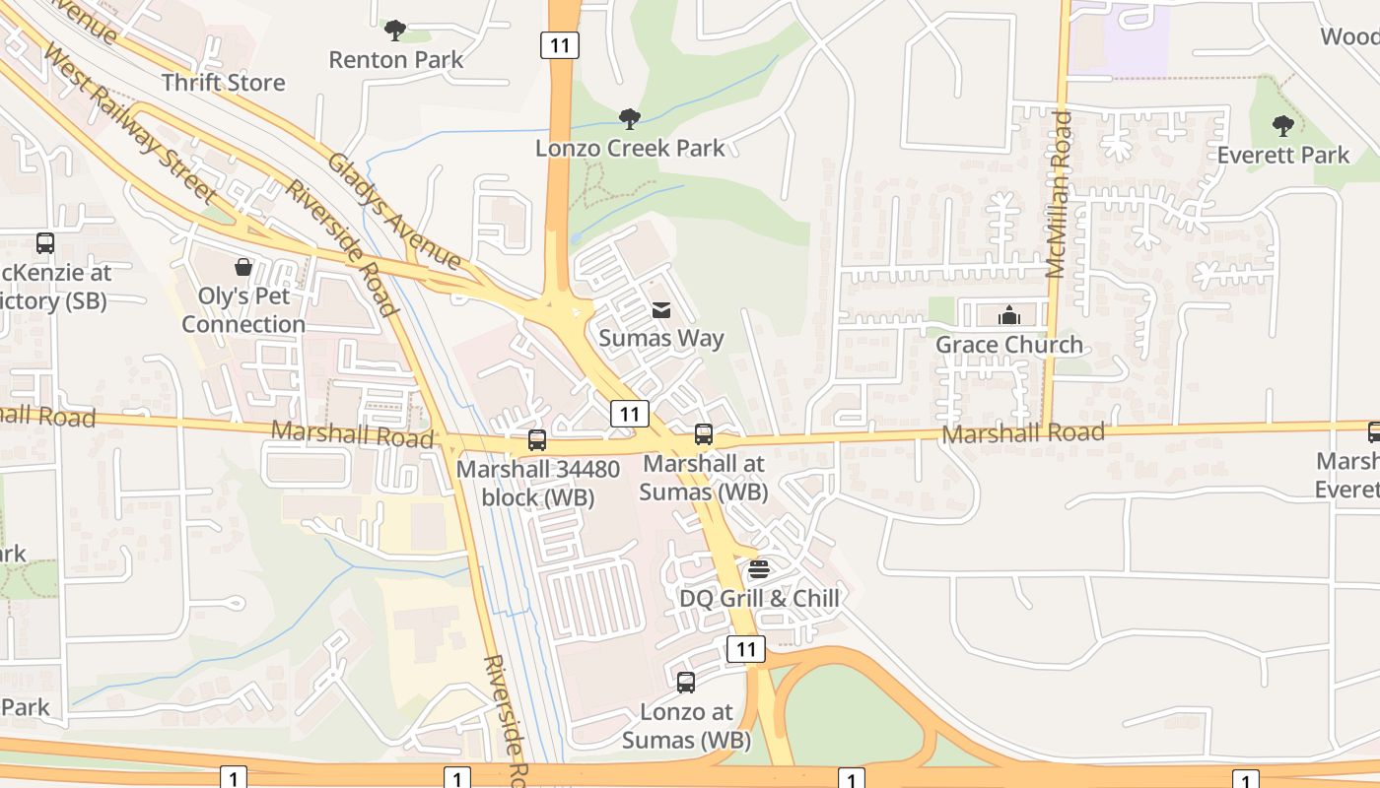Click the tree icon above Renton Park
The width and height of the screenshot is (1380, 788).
click(x=395, y=31)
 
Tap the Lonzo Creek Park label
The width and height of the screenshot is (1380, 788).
click(x=630, y=148)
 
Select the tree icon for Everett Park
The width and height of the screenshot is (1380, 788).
click(x=1282, y=125)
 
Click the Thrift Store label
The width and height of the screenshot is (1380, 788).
click(x=223, y=83)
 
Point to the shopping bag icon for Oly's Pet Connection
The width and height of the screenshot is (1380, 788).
click(x=242, y=267)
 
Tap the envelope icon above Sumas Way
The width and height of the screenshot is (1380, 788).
click(x=660, y=310)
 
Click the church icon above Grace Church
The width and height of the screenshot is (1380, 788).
click(x=1008, y=315)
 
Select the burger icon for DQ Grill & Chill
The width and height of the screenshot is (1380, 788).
click(x=758, y=569)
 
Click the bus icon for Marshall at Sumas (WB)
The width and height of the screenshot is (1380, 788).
click(x=704, y=434)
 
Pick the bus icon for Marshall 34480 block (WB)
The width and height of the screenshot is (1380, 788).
click(x=537, y=440)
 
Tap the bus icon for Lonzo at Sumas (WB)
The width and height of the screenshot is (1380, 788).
click(x=686, y=682)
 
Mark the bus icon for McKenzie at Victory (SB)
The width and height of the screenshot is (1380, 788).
click(x=44, y=242)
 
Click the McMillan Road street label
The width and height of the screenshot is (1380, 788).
click(x=1058, y=194)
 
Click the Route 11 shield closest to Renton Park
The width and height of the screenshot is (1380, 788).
click(x=559, y=44)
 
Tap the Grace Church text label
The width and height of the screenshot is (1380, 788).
click(x=1008, y=345)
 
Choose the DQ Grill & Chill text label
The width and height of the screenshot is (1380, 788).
click(x=759, y=598)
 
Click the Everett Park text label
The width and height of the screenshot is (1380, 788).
click(x=1282, y=155)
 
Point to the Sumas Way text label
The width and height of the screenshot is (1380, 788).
click(x=661, y=339)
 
